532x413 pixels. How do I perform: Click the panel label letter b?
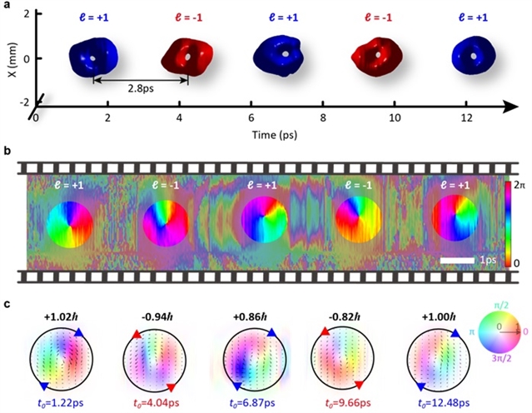coord(7,152)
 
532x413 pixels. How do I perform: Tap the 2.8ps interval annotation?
coord(139,87)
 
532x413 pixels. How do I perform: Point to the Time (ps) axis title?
coord(279,133)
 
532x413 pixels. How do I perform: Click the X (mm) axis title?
coord(7,58)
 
